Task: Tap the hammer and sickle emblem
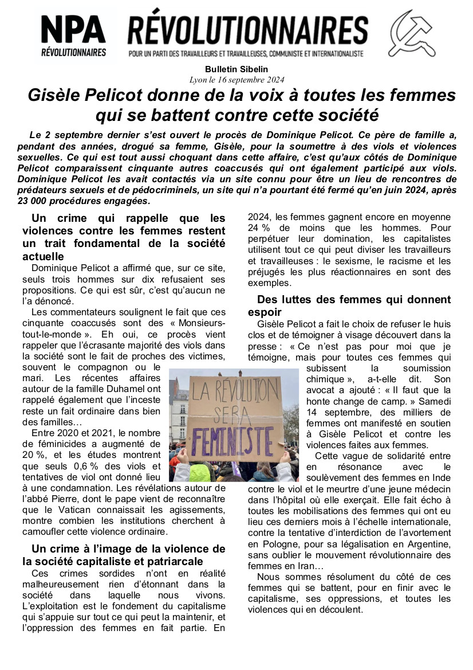tap(412, 33)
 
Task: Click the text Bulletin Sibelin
tap(236, 70)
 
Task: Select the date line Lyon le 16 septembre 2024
tap(236, 80)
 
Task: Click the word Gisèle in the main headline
tap(54, 95)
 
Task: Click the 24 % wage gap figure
tap(258, 228)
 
